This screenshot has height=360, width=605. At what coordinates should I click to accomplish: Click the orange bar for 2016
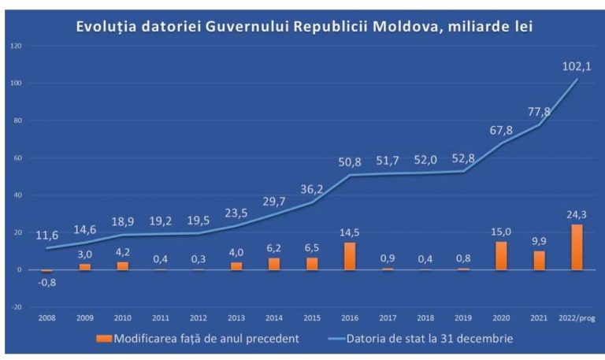(350, 256)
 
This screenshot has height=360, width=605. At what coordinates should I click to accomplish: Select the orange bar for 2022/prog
(577, 247)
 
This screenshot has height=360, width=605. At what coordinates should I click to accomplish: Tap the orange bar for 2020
(501, 255)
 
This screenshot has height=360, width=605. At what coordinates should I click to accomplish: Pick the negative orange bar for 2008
(47, 271)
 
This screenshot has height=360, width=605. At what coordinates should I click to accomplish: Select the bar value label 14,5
(350, 233)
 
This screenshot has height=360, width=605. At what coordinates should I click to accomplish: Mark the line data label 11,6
(47, 236)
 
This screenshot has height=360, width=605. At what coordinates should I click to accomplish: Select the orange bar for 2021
(539, 261)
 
